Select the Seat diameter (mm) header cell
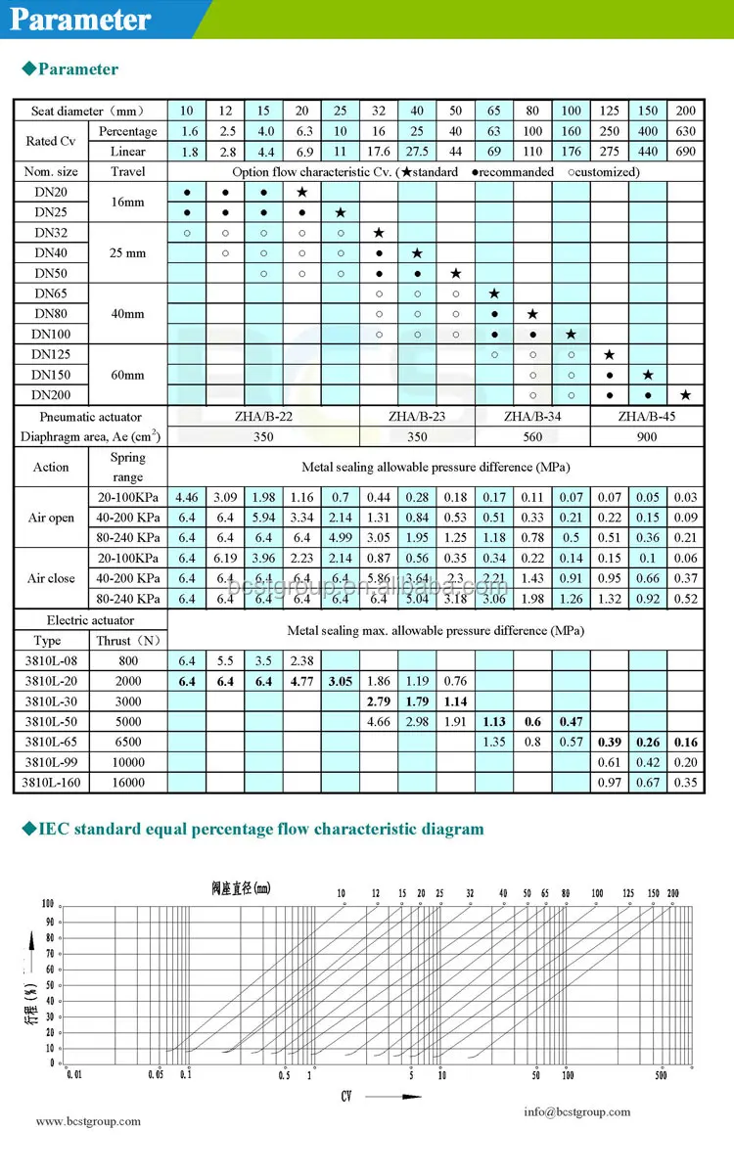[x=89, y=111]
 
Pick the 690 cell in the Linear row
[x=685, y=152]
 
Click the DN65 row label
[x=50, y=293]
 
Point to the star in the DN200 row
[x=685, y=395]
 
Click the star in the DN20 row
[x=301, y=192]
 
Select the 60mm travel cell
[x=128, y=375]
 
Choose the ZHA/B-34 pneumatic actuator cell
[x=531, y=417]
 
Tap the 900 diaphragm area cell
[x=647, y=437]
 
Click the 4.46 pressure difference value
[x=186, y=498]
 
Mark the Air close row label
[x=51, y=578]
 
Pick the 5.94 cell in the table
[x=263, y=518]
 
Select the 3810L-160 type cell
[x=52, y=783]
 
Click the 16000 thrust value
[x=128, y=783]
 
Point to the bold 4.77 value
[x=301, y=681]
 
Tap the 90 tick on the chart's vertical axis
[x=48, y=921]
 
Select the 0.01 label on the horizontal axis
[x=74, y=1075]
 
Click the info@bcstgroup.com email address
[x=576, y=1111]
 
